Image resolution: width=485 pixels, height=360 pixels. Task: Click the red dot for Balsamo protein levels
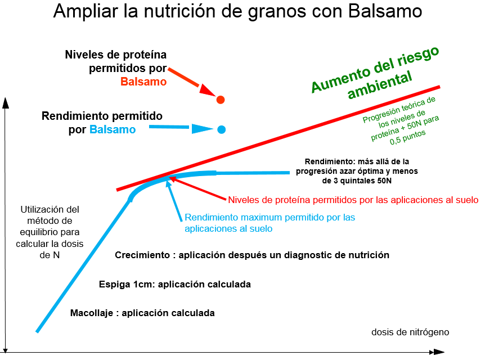(220, 100)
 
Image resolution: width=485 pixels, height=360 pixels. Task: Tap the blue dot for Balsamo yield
(221, 129)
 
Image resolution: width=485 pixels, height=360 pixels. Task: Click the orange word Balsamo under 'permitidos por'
(143, 82)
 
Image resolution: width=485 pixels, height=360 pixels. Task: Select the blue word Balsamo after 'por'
(113, 129)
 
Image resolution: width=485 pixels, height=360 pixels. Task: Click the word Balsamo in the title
(385, 11)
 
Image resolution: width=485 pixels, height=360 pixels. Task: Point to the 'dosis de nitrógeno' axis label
(410, 332)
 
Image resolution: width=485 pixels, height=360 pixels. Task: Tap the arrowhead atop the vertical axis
(5, 103)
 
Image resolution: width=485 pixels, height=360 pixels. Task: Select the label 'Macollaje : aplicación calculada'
(142, 313)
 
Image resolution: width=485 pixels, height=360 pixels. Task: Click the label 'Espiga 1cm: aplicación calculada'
(175, 284)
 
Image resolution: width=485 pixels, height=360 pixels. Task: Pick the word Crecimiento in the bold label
(142, 255)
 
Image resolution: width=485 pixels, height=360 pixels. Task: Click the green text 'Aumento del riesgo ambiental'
(375, 73)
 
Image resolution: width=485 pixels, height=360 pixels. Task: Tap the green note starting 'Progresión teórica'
(401, 121)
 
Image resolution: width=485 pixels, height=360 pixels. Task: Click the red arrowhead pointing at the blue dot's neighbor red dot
(206, 90)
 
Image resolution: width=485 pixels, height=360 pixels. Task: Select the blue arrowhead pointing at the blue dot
(202, 129)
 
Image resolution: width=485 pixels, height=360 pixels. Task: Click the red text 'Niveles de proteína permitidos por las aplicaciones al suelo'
(353, 200)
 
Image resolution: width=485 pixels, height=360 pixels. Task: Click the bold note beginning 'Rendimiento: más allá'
(357, 171)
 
